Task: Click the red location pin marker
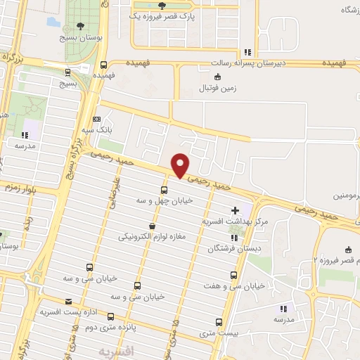(181, 165)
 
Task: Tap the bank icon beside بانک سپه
(96, 120)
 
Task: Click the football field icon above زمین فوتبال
(217, 77)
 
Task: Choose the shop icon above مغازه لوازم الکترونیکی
(152, 226)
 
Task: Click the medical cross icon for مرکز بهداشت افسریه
(235, 210)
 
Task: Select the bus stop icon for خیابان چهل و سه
(165, 190)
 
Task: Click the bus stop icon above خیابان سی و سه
(89, 267)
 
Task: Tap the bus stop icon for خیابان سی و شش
(136, 285)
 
